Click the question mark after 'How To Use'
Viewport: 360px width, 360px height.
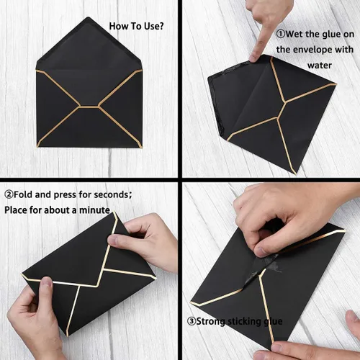point(161,27)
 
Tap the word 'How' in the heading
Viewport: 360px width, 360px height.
point(117,27)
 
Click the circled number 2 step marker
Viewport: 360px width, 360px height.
point(9,194)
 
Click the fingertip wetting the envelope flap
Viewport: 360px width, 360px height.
point(253,57)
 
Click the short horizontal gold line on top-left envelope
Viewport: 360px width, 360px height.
point(90,106)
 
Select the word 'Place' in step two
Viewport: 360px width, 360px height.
point(17,210)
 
